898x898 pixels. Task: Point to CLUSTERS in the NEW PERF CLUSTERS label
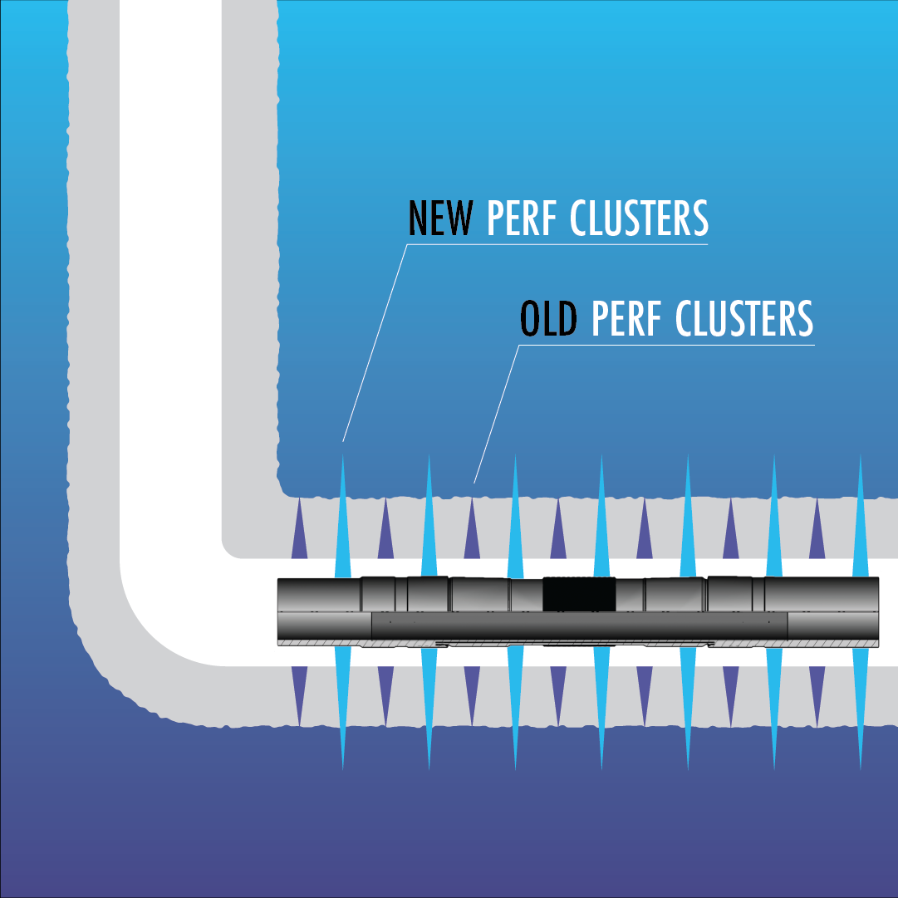click(639, 218)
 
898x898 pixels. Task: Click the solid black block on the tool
click(578, 593)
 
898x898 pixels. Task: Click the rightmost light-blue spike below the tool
click(860, 706)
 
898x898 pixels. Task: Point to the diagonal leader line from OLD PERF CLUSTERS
click(496, 415)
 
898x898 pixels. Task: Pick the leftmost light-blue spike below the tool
click(342, 706)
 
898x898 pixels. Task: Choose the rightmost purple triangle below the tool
click(817, 689)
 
